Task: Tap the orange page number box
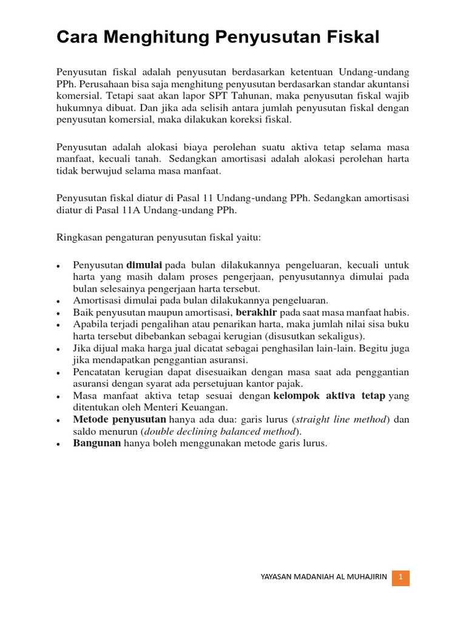(400, 578)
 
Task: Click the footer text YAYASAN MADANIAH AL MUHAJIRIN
(323, 578)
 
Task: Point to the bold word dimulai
(144, 265)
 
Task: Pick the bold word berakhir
(256, 312)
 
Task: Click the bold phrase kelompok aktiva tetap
(329, 396)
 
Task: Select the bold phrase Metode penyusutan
(120, 420)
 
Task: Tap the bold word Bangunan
(97, 443)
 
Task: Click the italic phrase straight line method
(342, 420)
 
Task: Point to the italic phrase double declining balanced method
(220, 431)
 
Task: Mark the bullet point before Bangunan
(58, 445)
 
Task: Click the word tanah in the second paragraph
(149, 159)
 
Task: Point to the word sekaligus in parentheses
(342, 336)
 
